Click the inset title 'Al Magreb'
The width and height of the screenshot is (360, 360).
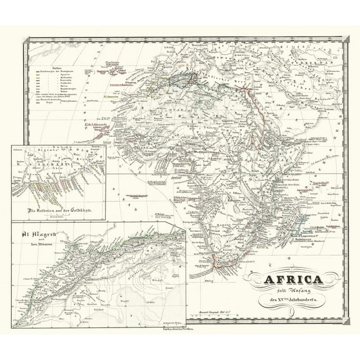(39, 235)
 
